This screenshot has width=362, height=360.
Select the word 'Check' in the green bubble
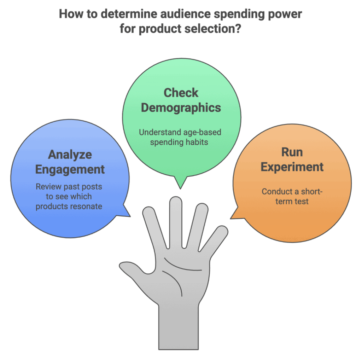(181, 93)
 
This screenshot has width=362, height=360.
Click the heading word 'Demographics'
(181, 108)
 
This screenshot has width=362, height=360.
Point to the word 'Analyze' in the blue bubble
(70, 155)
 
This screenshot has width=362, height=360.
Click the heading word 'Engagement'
(70, 169)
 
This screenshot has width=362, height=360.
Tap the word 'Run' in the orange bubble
(292, 152)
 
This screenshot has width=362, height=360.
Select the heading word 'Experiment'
(292, 167)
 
